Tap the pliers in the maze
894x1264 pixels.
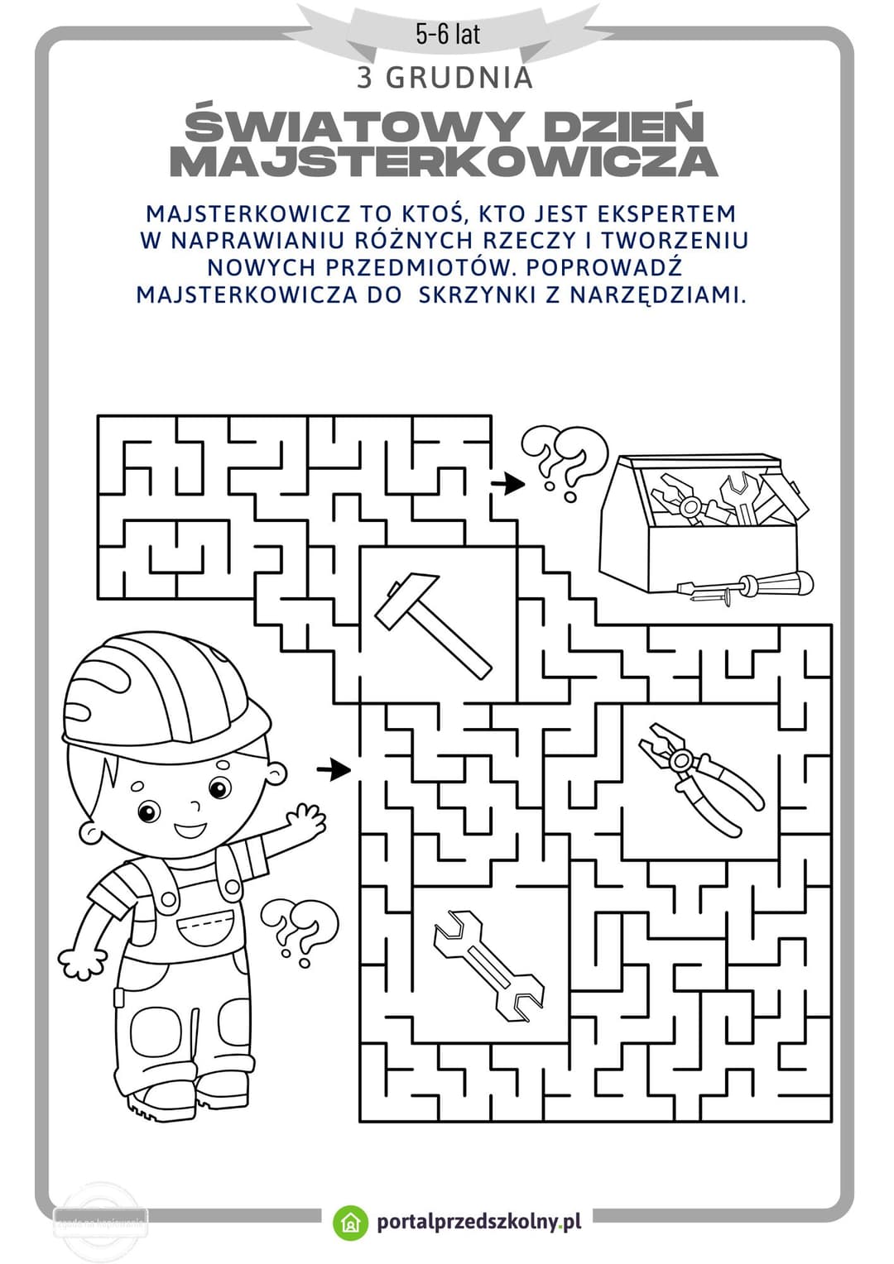tap(700, 778)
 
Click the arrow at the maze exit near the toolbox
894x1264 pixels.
tap(507, 483)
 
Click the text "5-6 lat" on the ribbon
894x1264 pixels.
tap(448, 34)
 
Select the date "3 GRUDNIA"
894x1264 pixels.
tap(445, 78)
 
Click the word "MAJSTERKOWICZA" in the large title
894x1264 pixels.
tap(444, 162)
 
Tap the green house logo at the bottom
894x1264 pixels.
tap(350, 1223)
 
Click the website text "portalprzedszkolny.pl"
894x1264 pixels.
tap(478, 1222)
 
